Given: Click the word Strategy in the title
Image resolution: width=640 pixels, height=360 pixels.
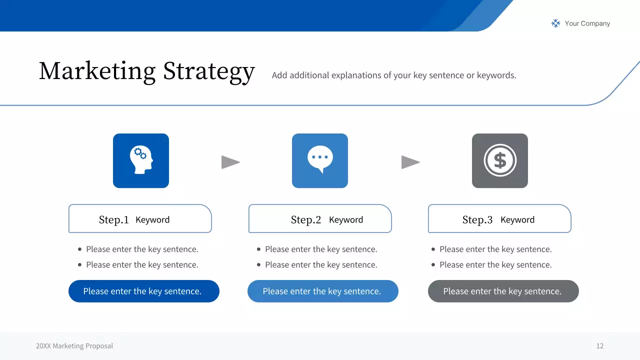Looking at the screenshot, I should click(x=209, y=72).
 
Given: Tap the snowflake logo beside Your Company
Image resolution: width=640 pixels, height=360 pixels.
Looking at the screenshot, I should click(x=555, y=23).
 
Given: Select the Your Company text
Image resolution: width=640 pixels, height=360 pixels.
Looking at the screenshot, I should click(x=587, y=23).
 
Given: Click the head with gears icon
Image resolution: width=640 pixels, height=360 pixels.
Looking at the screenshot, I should click(x=141, y=160).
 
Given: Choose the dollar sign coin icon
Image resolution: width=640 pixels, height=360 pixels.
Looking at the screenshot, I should click(x=500, y=160).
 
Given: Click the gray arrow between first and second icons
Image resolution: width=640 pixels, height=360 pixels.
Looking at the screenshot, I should click(x=230, y=162).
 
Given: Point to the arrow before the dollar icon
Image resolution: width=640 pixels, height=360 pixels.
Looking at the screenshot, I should click(x=410, y=162).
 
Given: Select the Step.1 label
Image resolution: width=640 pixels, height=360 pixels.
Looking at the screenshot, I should click(x=113, y=220).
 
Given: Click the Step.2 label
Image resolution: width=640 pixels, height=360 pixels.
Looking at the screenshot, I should click(x=305, y=220).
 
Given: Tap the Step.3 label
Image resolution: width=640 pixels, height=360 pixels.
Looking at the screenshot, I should click(x=477, y=220).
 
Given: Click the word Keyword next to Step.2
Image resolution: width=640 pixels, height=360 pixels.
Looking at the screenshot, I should click(x=346, y=220).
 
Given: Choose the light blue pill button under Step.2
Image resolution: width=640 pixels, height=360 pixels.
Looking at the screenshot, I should click(x=322, y=291).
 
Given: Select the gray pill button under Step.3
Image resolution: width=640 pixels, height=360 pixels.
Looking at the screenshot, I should click(x=503, y=291).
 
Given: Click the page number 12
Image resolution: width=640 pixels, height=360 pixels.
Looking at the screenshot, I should click(x=599, y=346).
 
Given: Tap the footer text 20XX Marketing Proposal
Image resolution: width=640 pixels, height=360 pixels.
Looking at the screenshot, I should click(x=74, y=346).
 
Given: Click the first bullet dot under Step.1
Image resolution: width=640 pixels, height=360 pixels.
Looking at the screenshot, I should click(x=79, y=249).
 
